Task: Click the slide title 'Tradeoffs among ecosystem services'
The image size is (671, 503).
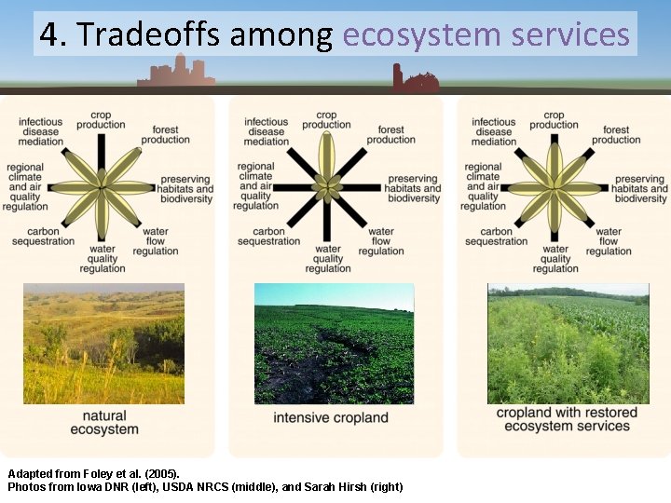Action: (335, 34)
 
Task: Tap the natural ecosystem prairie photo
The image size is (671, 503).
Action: (103, 344)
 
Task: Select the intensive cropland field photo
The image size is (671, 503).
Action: (334, 344)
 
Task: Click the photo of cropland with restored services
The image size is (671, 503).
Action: (568, 344)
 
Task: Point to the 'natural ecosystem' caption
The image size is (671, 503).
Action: (104, 423)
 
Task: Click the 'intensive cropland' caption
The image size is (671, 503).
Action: (331, 417)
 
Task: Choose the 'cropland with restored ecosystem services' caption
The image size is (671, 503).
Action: (568, 419)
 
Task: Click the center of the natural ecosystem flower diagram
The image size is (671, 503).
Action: (101, 187)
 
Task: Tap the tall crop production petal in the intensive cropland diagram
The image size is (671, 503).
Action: (326, 156)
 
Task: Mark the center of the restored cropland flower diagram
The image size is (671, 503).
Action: (555, 187)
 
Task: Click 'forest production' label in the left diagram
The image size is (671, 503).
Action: (165, 135)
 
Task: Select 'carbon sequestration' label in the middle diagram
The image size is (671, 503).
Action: (269, 237)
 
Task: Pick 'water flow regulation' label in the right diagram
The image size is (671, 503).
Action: (609, 241)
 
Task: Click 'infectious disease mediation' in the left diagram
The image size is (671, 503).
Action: (40, 131)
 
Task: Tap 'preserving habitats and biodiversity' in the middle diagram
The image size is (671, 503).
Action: (412, 188)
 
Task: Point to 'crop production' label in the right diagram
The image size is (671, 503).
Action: (554, 119)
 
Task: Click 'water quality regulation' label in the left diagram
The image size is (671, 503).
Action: (103, 259)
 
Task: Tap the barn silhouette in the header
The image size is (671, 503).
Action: (415, 80)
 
